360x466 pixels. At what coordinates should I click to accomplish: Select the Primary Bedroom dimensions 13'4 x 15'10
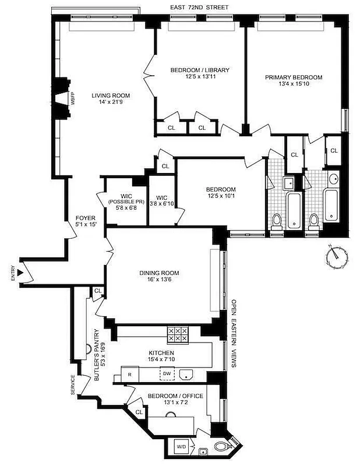294,84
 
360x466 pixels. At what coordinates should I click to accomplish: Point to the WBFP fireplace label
73,100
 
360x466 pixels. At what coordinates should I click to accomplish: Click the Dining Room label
159,273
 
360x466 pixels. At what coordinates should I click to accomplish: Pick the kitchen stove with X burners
177,334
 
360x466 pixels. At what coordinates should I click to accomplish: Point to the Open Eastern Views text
234,333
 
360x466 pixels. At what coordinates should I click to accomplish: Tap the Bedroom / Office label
175,396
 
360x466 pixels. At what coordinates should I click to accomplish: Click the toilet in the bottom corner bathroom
221,448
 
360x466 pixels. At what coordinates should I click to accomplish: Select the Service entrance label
72,385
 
